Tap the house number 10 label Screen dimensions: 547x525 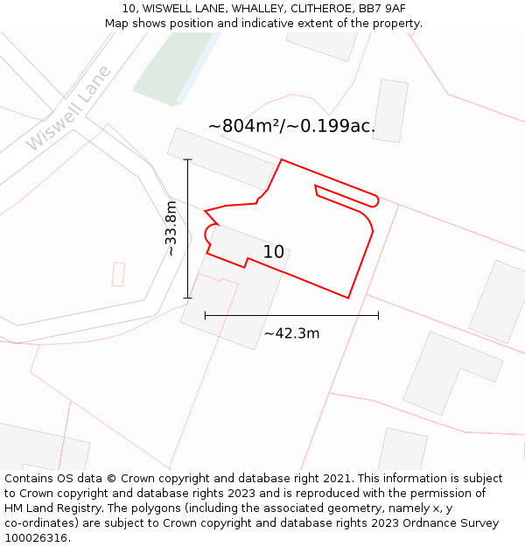click(273, 252)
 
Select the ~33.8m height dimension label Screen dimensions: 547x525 click(171, 228)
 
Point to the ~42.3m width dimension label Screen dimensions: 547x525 click(291, 333)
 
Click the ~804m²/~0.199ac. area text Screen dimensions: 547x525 click(291, 126)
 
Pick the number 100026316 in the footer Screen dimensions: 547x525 click(35, 537)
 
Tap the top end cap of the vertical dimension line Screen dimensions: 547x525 click(187, 159)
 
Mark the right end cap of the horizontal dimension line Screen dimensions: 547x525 click(378, 316)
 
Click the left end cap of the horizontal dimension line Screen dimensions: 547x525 click(205, 316)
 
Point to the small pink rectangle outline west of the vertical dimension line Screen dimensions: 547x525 click(118, 274)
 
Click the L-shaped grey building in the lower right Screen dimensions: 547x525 click(451, 372)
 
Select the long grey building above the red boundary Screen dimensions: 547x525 click(220, 158)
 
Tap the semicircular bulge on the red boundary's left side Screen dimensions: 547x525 click(210, 233)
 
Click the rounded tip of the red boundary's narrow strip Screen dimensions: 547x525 click(374, 201)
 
